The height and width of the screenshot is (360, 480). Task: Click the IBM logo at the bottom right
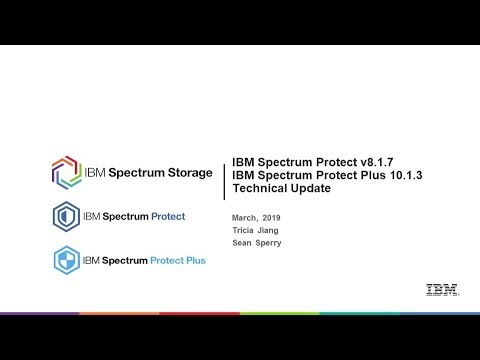pos(441,291)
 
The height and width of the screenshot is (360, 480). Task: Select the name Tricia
pos(243,230)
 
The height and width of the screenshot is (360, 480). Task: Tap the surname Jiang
pos(269,230)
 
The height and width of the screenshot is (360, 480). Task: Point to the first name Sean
pos(241,243)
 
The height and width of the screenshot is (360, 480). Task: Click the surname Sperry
pos(267,243)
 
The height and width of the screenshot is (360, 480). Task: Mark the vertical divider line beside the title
pos(223,178)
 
